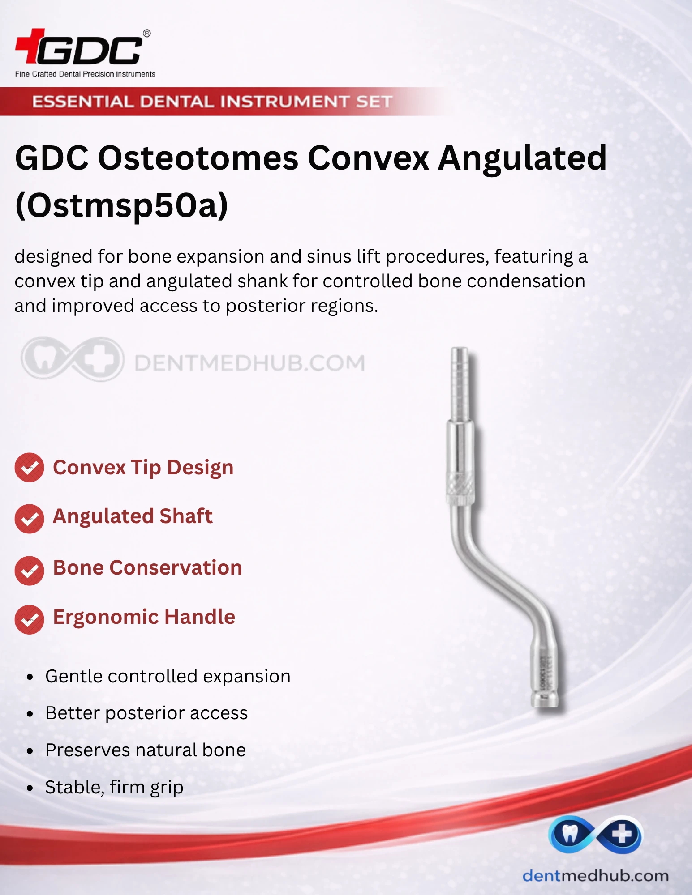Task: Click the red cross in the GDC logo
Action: [30, 45]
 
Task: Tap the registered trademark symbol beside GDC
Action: [147, 33]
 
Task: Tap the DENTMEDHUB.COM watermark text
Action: [249, 363]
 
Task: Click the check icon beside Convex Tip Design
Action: [30, 468]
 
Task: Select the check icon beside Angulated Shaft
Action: [30, 519]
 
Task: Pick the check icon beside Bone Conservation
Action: [30, 571]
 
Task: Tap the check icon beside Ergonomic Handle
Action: [30, 620]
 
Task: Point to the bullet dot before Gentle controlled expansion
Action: [30, 677]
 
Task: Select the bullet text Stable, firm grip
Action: [114, 787]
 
